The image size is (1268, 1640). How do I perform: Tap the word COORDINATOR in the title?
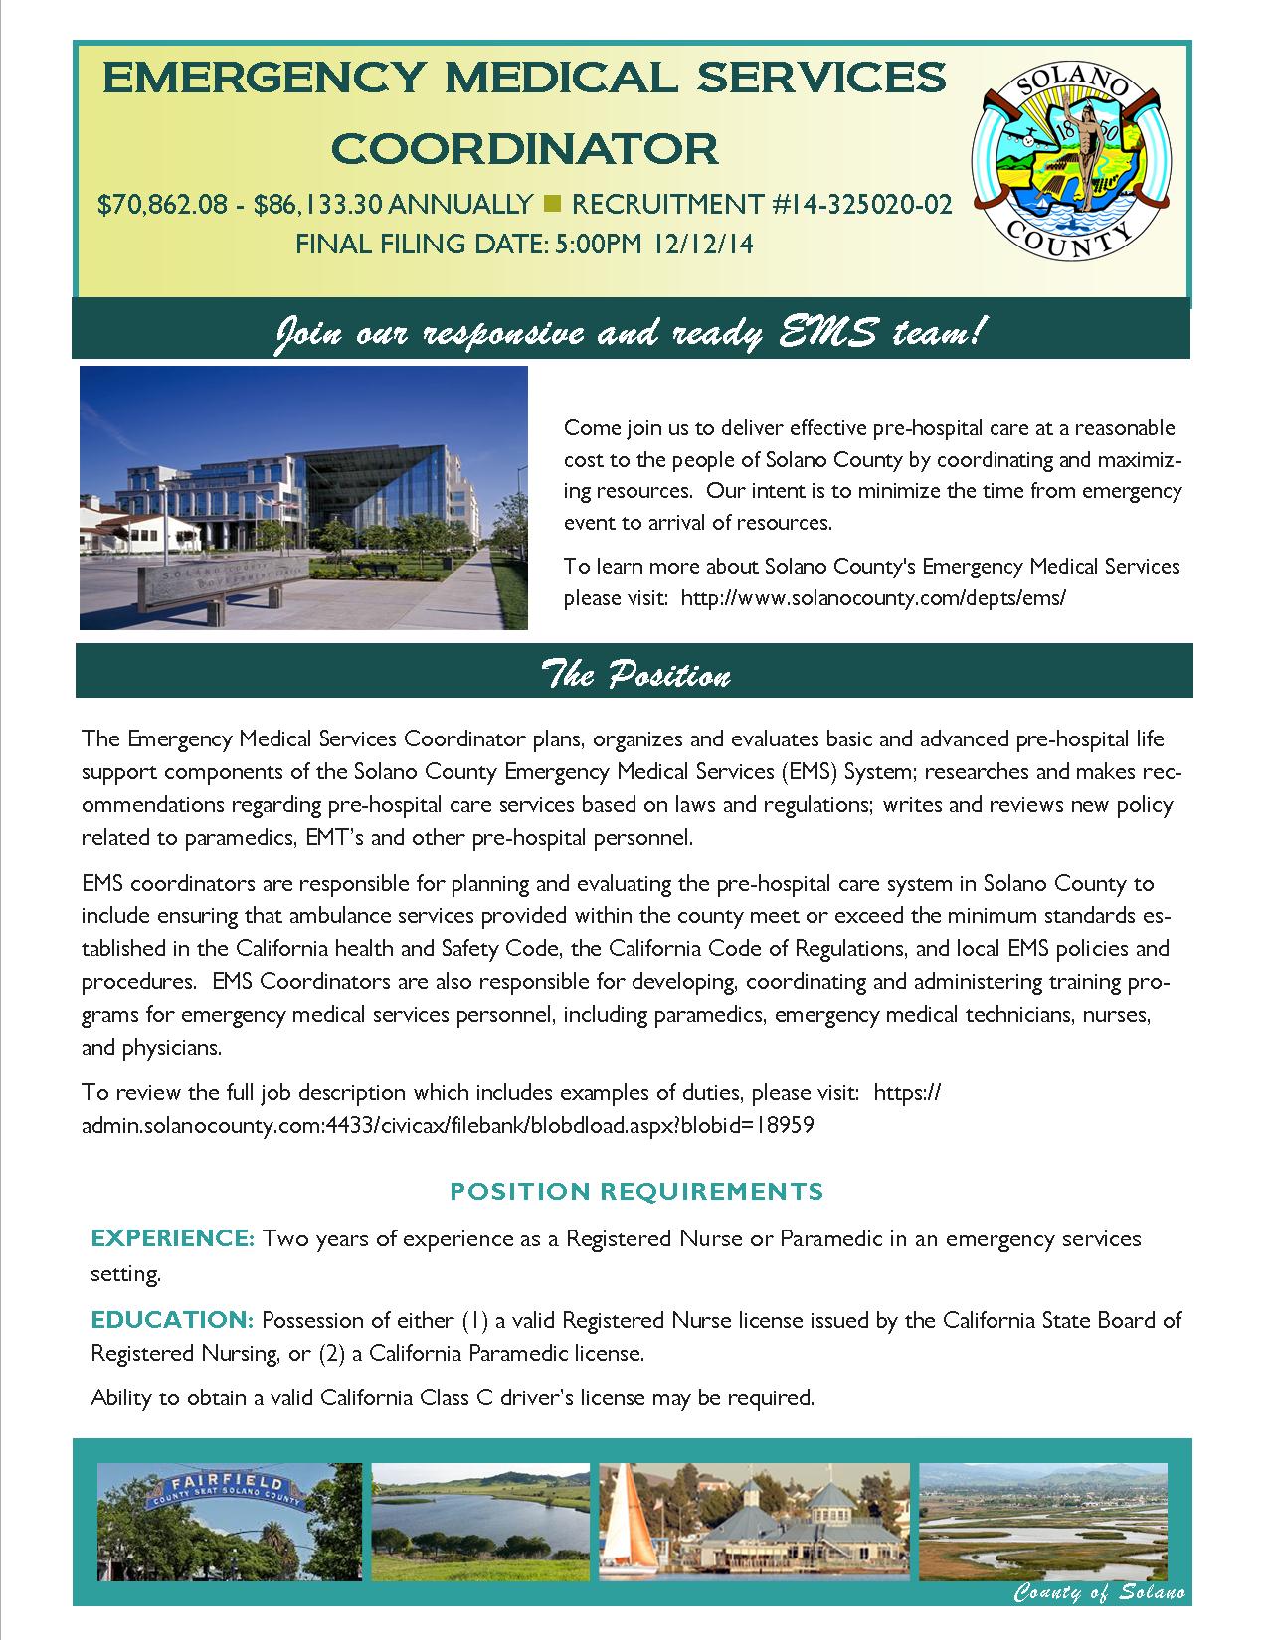point(524,148)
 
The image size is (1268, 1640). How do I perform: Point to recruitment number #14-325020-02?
point(862,205)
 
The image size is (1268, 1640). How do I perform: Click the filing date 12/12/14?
point(703,244)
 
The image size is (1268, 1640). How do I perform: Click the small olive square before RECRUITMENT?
point(553,205)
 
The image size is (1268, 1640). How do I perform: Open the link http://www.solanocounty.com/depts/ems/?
point(873,598)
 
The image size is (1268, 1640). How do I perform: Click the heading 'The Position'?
point(634,676)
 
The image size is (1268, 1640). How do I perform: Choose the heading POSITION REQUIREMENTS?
point(636,1191)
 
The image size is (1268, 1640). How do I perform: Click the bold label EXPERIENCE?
point(173,1239)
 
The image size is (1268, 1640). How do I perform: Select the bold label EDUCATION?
point(173,1321)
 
